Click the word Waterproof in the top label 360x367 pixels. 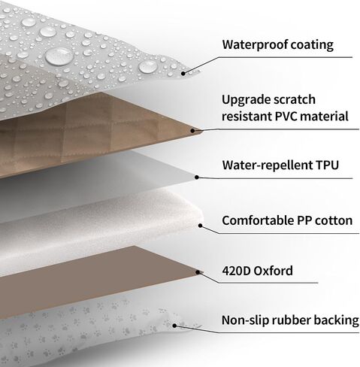256,45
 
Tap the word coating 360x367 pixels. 313,45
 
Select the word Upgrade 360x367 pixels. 246,100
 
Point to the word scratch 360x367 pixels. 295,99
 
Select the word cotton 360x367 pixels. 334,221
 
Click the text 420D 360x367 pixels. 236,271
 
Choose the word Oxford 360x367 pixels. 274,271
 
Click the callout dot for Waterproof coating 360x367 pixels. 183,74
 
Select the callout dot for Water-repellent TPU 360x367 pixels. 197,177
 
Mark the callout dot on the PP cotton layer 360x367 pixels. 200,226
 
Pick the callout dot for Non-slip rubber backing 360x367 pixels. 174,326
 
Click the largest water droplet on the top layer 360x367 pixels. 59,56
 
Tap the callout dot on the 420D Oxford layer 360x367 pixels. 198,272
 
